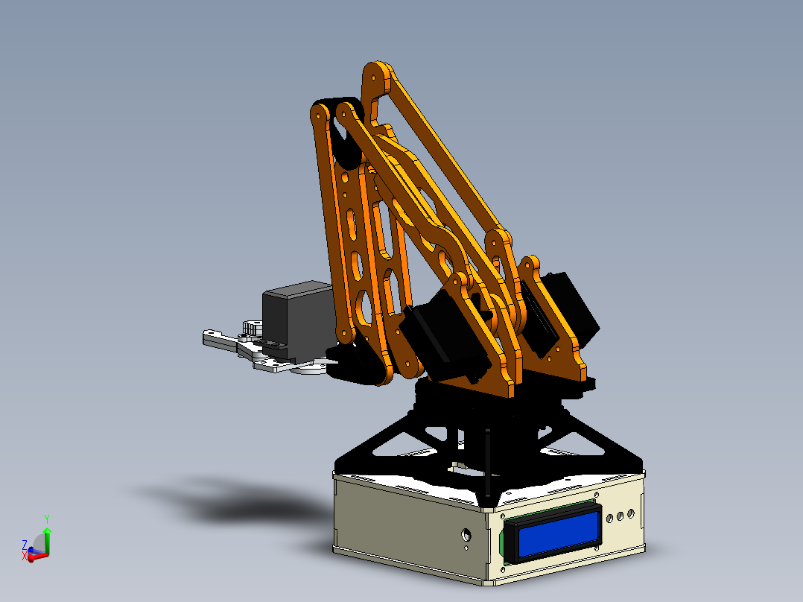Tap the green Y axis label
47,518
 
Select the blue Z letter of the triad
25,545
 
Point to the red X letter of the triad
25,556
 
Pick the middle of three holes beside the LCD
620,516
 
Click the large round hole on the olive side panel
466,535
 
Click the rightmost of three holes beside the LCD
631,513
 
